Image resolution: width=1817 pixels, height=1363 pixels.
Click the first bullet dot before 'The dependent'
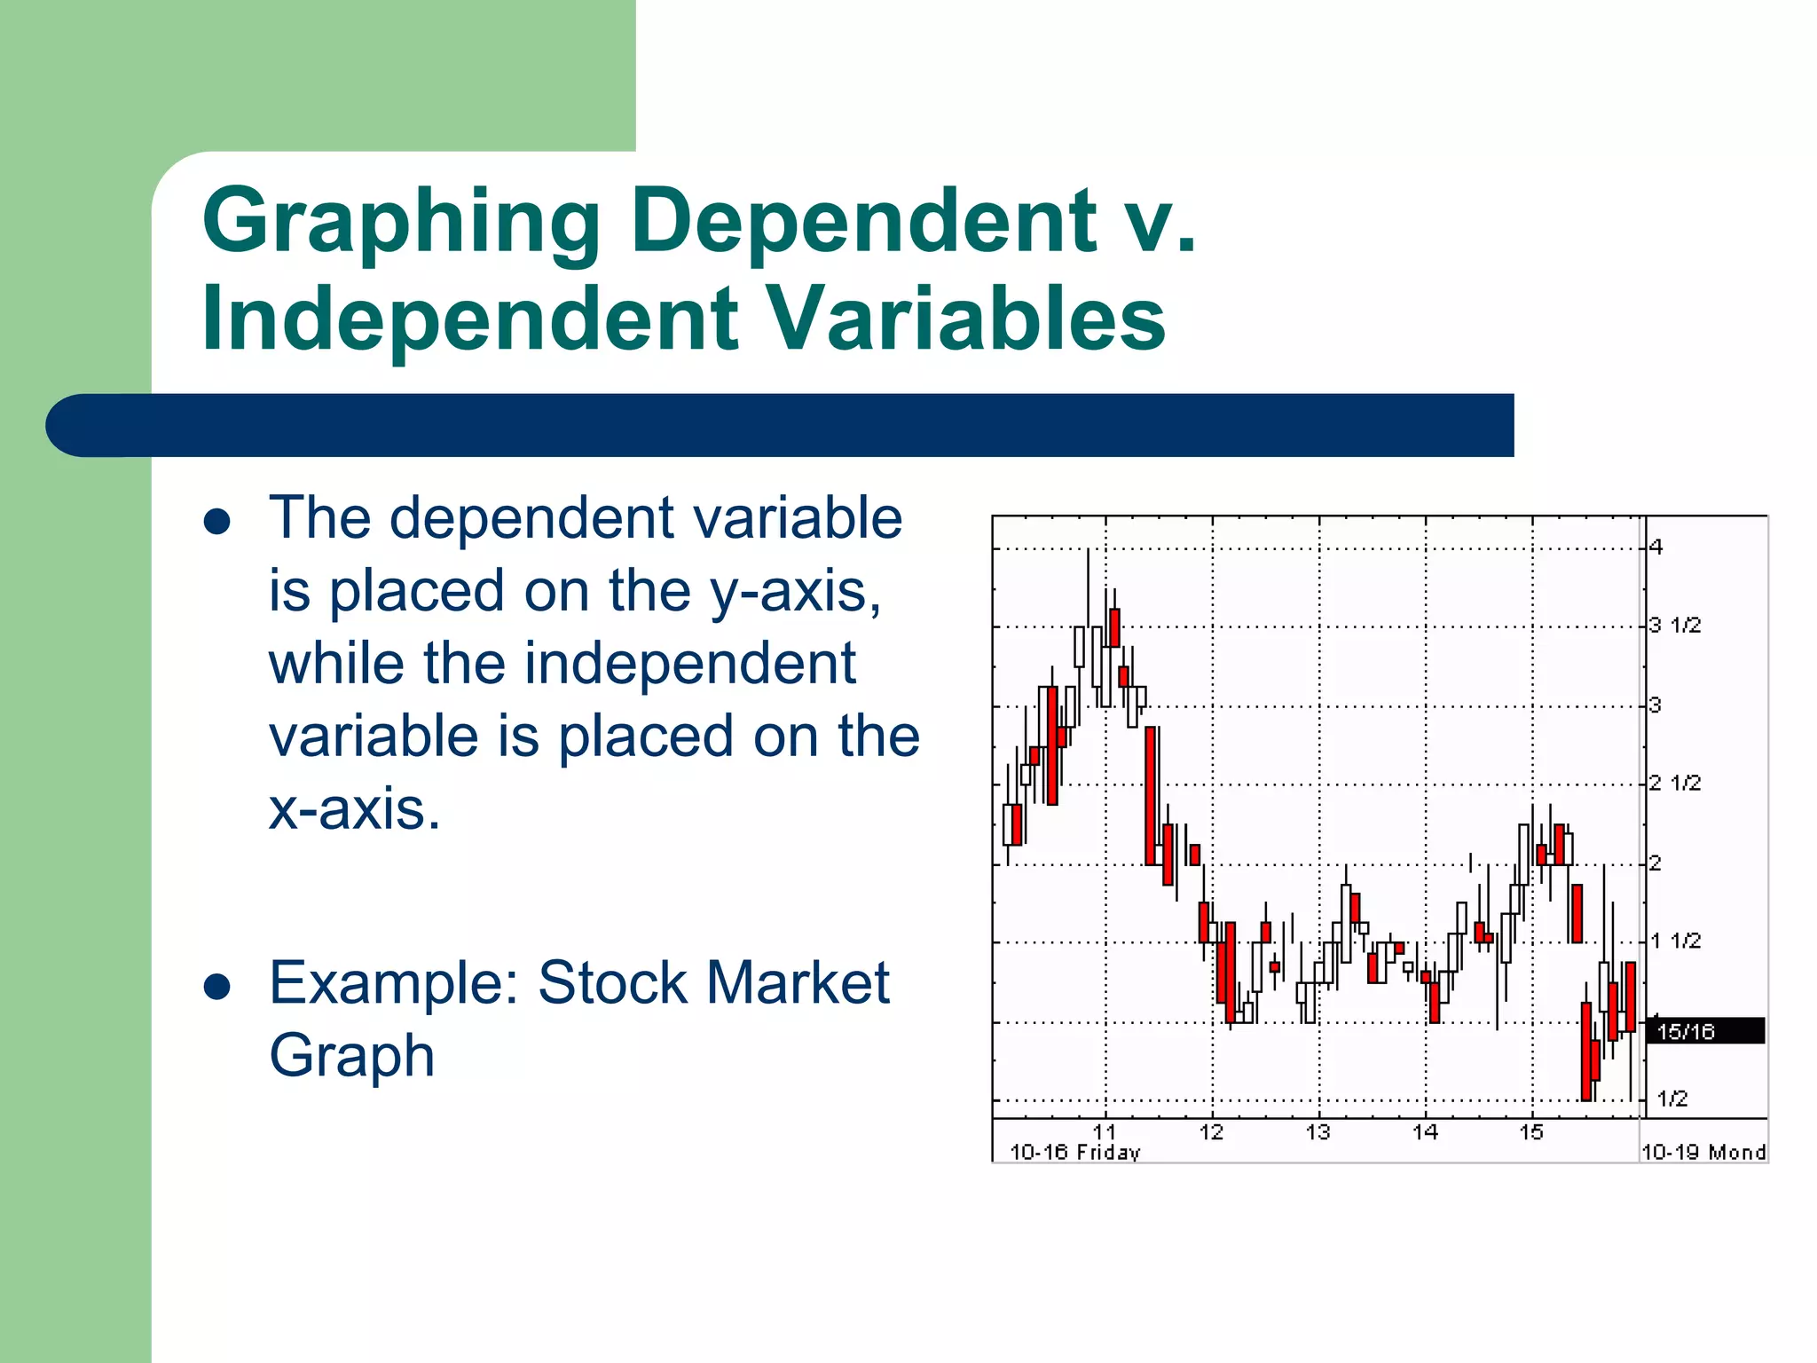(217, 521)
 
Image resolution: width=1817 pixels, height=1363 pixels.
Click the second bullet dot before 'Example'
(217, 986)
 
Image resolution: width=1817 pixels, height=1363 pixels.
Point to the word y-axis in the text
(795, 591)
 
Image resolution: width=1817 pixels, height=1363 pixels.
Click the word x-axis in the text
(354, 809)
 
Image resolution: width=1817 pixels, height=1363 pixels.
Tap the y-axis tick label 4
(1656, 548)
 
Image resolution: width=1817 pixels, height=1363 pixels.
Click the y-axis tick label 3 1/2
(1675, 626)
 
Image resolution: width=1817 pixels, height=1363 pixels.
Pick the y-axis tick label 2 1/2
(1675, 783)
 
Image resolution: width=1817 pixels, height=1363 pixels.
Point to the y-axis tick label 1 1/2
(1675, 941)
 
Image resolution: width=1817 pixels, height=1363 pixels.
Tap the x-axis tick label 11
(1105, 1132)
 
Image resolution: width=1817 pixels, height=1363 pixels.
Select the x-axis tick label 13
(1318, 1132)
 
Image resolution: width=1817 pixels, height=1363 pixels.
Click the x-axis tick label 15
(1531, 1132)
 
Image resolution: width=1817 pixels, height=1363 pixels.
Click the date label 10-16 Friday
(1074, 1153)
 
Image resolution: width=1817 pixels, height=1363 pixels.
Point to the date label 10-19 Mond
(1703, 1153)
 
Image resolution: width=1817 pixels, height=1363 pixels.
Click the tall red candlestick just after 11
(1151, 795)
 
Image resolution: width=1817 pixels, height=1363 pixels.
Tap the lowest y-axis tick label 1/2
(1672, 1099)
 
